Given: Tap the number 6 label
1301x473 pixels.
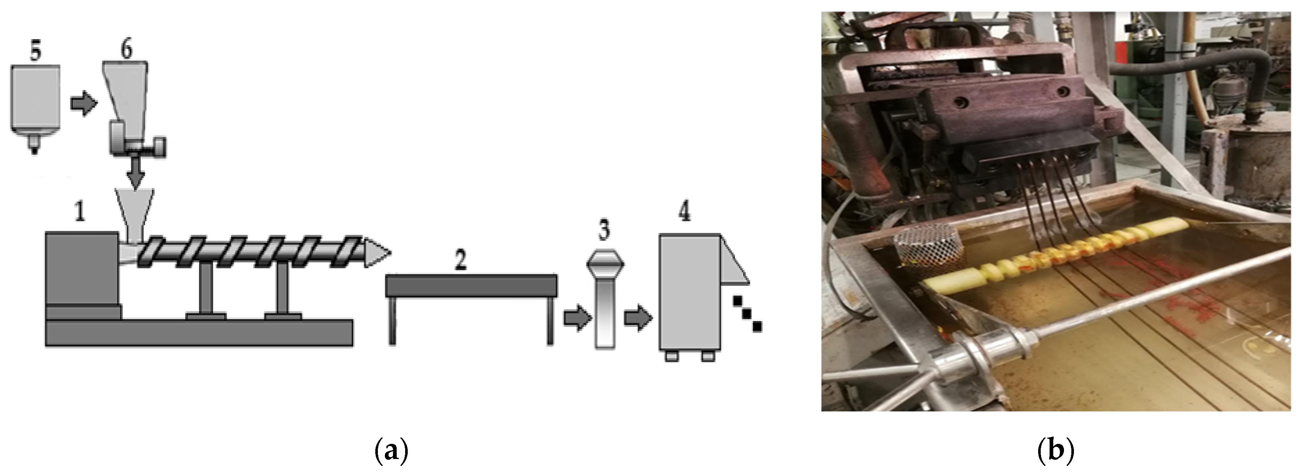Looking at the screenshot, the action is [126, 49].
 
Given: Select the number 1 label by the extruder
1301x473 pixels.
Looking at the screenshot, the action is [79, 211].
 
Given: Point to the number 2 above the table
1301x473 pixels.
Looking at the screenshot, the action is [460, 260].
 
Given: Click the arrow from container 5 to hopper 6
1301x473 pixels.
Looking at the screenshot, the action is [83, 104].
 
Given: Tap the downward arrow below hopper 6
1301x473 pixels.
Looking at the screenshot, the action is [135, 173].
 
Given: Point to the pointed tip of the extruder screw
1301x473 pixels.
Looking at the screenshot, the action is [390, 252].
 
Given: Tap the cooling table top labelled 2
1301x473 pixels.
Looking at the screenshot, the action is [471, 286].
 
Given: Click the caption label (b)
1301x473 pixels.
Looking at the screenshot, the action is [1055, 449].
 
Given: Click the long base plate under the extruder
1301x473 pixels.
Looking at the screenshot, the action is [199, 332].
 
